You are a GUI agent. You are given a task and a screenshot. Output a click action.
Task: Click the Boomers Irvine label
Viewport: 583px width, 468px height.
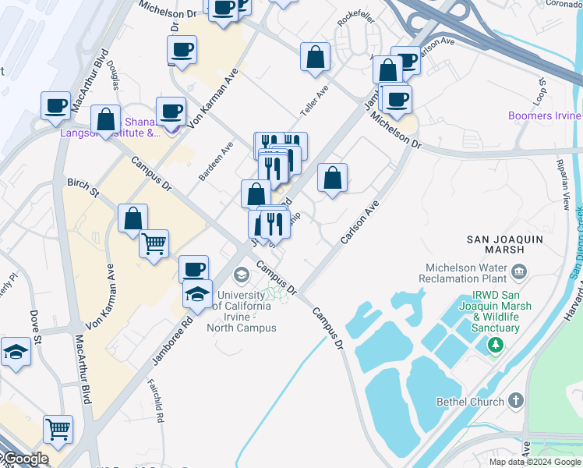click(545, 116)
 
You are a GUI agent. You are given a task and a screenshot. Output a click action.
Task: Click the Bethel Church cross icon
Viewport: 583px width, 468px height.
click(514, 401)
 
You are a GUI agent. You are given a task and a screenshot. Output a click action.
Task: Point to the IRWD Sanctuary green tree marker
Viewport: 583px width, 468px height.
click(493, 344)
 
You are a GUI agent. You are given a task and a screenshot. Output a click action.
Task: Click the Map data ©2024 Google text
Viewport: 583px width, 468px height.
click(535, 462)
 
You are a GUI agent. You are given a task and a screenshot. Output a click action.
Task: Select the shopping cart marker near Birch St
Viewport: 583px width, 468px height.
click(154, 244)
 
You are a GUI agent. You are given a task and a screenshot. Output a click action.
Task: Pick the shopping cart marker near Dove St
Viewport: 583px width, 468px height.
click(58, 427)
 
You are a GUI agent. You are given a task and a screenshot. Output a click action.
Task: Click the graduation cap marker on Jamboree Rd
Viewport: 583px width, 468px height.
click(198, 294)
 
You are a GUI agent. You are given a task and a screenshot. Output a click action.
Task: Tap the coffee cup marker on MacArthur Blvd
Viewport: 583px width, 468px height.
click(56, 105)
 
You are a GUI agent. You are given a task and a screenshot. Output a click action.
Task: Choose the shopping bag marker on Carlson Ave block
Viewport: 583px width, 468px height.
click(332, 178)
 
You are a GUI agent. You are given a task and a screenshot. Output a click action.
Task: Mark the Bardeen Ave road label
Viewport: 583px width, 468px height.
click(217, 161)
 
